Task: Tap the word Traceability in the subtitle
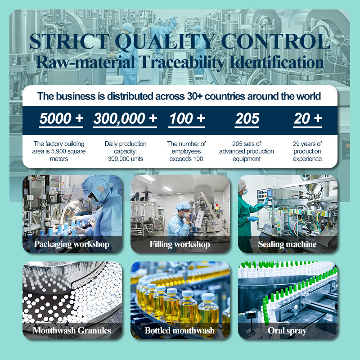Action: [x=181, y=63]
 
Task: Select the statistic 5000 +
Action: [x=61, y=118]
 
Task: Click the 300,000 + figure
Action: [x=125, y=118]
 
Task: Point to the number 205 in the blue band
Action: [x=247, y=118]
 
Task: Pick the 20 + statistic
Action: [x=308, y=118]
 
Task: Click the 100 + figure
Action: [x=187, y=118]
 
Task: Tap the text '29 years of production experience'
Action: [x=307, y=151]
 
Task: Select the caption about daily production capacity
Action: [x=126, y=151]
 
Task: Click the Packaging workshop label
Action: [x=72, y=244]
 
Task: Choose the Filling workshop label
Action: [x=180, y=244]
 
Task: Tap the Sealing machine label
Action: [x=287, y=244]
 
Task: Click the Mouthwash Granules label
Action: [x=72, y=331]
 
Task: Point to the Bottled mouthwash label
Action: [x=180, y=331]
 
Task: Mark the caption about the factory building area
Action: [x=59, y=151]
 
